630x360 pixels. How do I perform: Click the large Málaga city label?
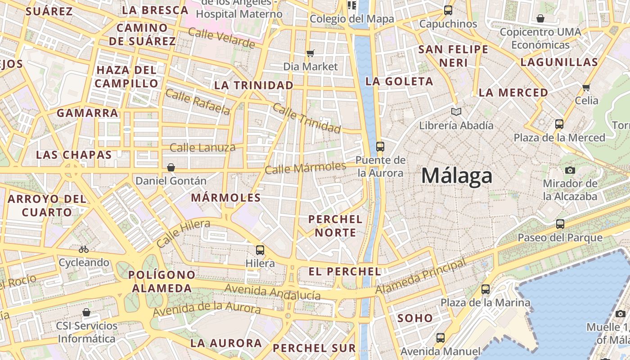[x=457, y=175]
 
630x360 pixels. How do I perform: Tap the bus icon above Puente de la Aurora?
[x=380, y=146]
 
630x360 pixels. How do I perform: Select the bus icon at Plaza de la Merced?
[x=559, y=124]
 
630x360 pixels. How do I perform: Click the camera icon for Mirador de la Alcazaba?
[x=570, y=170]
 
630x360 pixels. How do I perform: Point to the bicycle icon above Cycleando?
[x=84, y=249]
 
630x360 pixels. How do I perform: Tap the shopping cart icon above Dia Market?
[x=310, y=54]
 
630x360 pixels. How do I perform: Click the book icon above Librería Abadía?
[x=456, y=112]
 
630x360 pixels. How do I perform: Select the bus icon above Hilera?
[x=260, y=250]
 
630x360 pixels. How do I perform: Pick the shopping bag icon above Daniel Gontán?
[x=171, y=167]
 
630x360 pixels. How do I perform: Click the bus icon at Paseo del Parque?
[x=560, y=224]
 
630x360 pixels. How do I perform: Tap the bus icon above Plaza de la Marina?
[x=486, y=289]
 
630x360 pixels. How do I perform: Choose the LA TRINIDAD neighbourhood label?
[x=254, y=85]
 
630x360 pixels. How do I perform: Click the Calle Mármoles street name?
[x=305, y=168]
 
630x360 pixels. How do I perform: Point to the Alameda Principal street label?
[x=421, y=276]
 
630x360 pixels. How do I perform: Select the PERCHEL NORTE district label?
[x=335, y=226]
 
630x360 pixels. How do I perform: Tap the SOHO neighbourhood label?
[x=415, y=318]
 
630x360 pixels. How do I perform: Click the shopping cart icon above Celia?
[x=586, y=87]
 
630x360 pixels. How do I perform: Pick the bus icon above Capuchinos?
[x=448, y=10]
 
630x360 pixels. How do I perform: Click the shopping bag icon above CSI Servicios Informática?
[x=86, y=312]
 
